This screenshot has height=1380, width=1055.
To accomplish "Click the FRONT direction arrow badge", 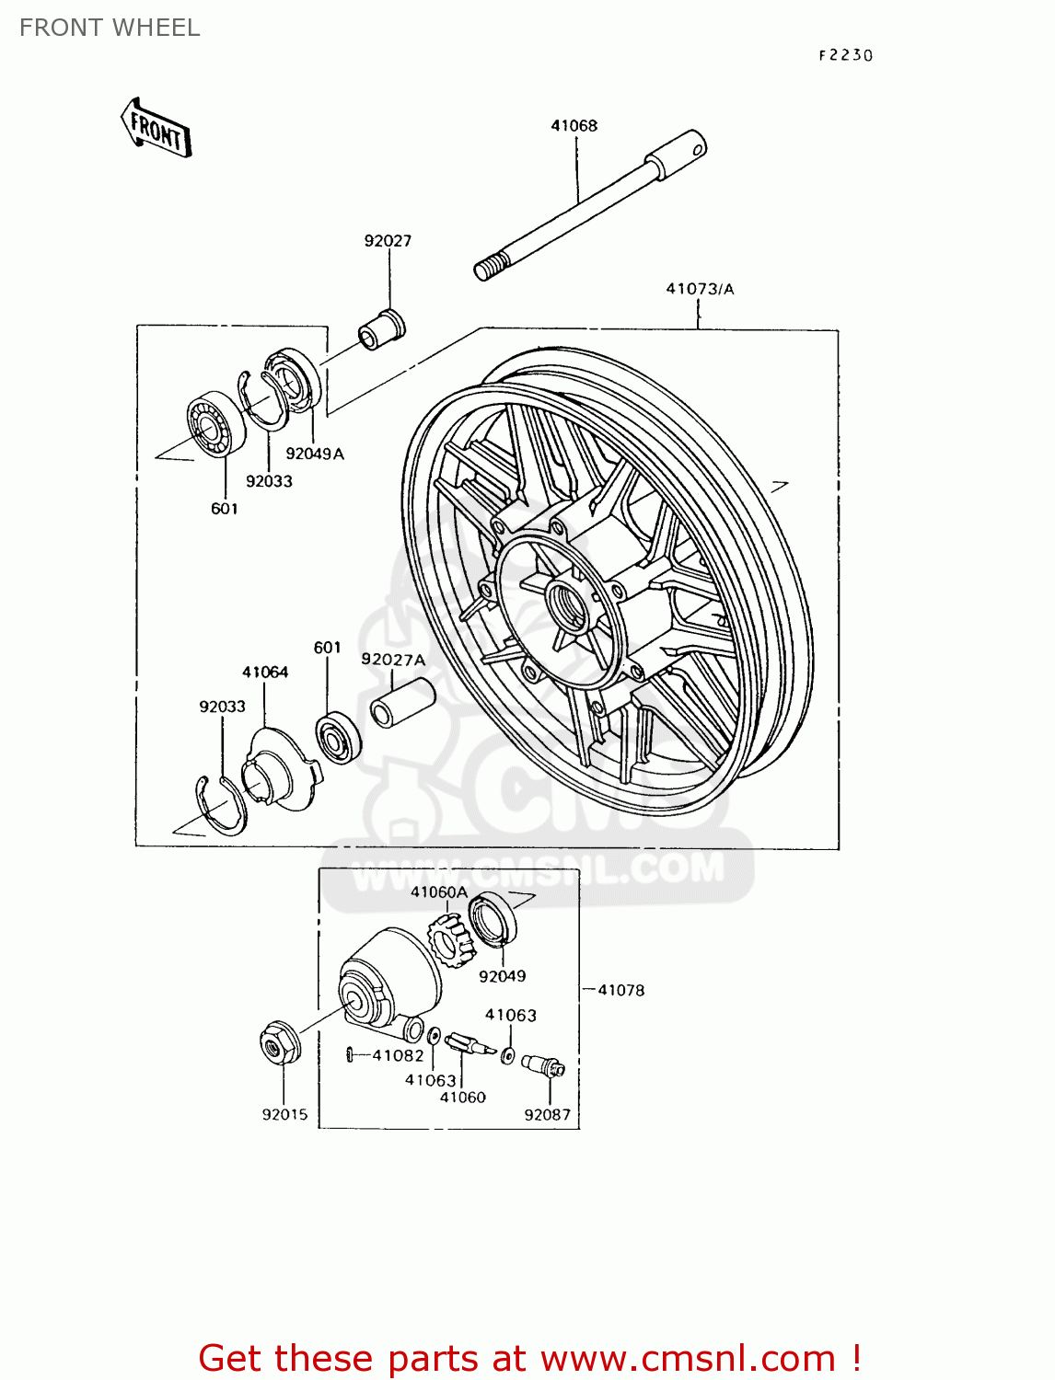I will (x=157, y=129).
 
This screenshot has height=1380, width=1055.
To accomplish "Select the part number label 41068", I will (x=574, y=125).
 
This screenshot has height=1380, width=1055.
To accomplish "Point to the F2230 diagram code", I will (x=845, y=55).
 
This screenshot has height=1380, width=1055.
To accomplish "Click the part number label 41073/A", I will (x=700, y=289).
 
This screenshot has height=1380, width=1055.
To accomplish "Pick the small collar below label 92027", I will (x=381, y=328).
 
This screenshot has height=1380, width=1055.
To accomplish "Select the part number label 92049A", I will (x=315, y=454).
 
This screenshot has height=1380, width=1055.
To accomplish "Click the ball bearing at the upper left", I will (x=215, y=424).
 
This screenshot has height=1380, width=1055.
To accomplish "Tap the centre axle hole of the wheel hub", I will (x=564, y=603).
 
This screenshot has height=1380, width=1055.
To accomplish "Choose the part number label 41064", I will (x=265, y=673).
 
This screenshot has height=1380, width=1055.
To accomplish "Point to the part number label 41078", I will (x=620, y=990).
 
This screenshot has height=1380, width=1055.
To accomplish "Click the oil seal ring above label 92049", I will (x=493, y=918).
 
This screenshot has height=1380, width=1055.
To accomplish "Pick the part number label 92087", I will (x=547, y=1115).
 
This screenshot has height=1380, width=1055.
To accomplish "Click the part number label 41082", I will (x=398, y=1055).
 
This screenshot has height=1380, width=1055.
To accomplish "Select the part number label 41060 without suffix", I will (x=462, y=1097).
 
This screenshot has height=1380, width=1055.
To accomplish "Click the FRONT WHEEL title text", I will (x=110, y=28).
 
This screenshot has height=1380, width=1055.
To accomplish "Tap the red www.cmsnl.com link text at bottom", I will (x=687, y=1358).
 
